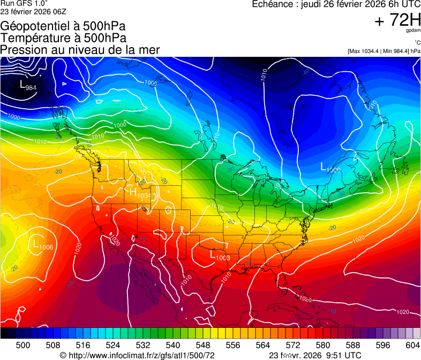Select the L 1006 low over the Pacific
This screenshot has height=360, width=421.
[x=43, y=245]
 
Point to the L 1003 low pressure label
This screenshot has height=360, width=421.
[x=219, y=257]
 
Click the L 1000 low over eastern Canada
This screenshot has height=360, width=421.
[x=330, y=168]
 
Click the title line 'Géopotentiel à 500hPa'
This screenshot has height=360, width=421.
[x=63, y=27]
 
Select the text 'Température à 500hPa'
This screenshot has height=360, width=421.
[x=63, y=38]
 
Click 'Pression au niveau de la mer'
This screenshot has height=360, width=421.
[x=80, y=50]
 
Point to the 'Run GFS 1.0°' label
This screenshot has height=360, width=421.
[x=24, y=3]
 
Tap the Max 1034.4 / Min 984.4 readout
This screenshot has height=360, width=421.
[x=384, y=51]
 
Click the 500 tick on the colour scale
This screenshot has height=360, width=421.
[x=23, y=346]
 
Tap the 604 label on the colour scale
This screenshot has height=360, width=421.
[x=412, y=346]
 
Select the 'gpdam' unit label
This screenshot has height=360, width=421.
[x=413, y=31]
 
